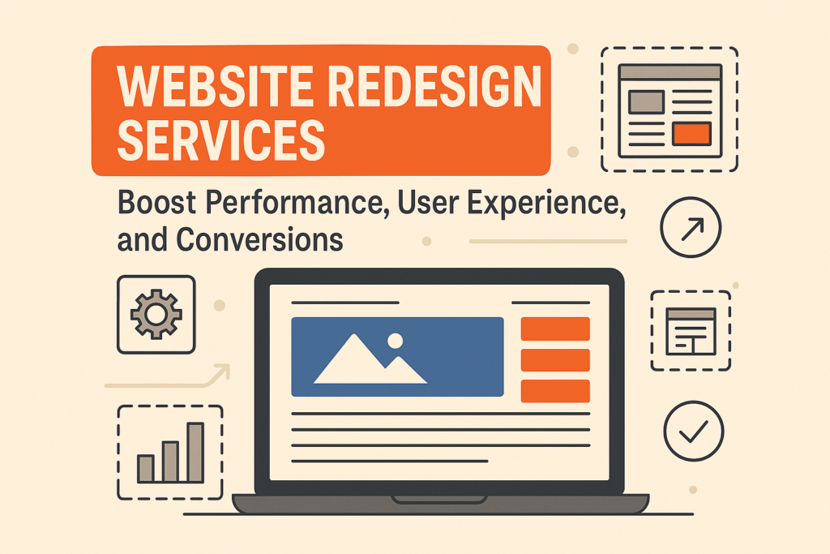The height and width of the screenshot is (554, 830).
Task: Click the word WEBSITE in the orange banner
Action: (x=216, y=86)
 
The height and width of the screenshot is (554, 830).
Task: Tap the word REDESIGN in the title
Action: (x=435, y=86)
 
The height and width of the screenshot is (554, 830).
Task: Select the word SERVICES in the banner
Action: (x=220, y=140)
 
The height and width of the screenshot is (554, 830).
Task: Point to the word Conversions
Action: (x=259, y=239)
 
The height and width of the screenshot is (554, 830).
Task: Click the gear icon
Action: (x=156, y=314)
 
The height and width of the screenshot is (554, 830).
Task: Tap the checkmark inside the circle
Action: (x=694, y=432)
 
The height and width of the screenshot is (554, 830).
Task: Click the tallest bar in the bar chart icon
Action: (x=195, y=453)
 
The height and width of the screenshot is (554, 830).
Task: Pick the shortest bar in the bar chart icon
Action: (x=146, y=469)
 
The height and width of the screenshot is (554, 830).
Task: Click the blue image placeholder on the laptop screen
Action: (x=397, y=357)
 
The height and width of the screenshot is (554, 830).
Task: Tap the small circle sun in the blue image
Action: (x=395, y=341)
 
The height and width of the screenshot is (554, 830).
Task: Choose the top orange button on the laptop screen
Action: (x=555, y=329)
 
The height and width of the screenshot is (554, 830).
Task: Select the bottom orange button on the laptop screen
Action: (x=555, y=391)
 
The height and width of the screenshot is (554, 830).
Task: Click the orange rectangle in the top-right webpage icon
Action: (x=691, y=134)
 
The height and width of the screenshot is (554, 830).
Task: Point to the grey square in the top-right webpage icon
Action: (x=646, y=101)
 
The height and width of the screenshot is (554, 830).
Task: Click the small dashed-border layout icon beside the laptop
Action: (x=691, y=330)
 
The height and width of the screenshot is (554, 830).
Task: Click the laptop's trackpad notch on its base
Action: (x=439, y=499)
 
